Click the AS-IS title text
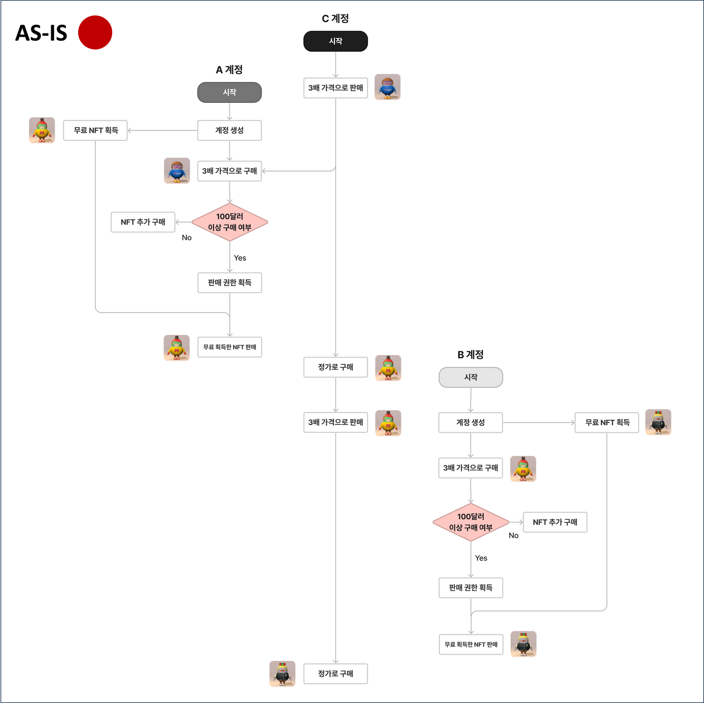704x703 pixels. [x=41, y=33]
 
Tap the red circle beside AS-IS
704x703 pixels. [x=95, y=32]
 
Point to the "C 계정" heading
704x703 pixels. [x=335, y=19]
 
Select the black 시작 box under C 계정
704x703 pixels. [x=335, y=41]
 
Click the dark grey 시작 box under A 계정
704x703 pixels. [x=229, y=92]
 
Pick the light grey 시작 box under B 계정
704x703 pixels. [x=471, y=377]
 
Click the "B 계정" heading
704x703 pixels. [x=470, y=355]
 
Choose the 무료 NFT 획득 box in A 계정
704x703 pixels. [x=96, y=130]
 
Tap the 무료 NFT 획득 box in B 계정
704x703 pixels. [x=607, y=422]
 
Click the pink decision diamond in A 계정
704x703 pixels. [x=229, y=222]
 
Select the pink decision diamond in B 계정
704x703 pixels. [x=471, y=522]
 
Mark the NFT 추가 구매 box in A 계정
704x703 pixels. [x=143, y=222]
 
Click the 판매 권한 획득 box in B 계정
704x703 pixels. [x=471, y=587]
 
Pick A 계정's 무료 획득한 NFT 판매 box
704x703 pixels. [x=229, y=347]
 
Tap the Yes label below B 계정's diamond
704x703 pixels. [x=481, y=558]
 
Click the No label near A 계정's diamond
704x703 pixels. [x=187, y=238]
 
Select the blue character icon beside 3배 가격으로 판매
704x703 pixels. [x=388, y=87]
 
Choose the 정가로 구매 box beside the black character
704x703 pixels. [x=335, y=673]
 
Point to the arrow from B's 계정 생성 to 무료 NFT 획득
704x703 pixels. [x=539, y=422]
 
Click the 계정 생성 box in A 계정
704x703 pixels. [x=229, y=130]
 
